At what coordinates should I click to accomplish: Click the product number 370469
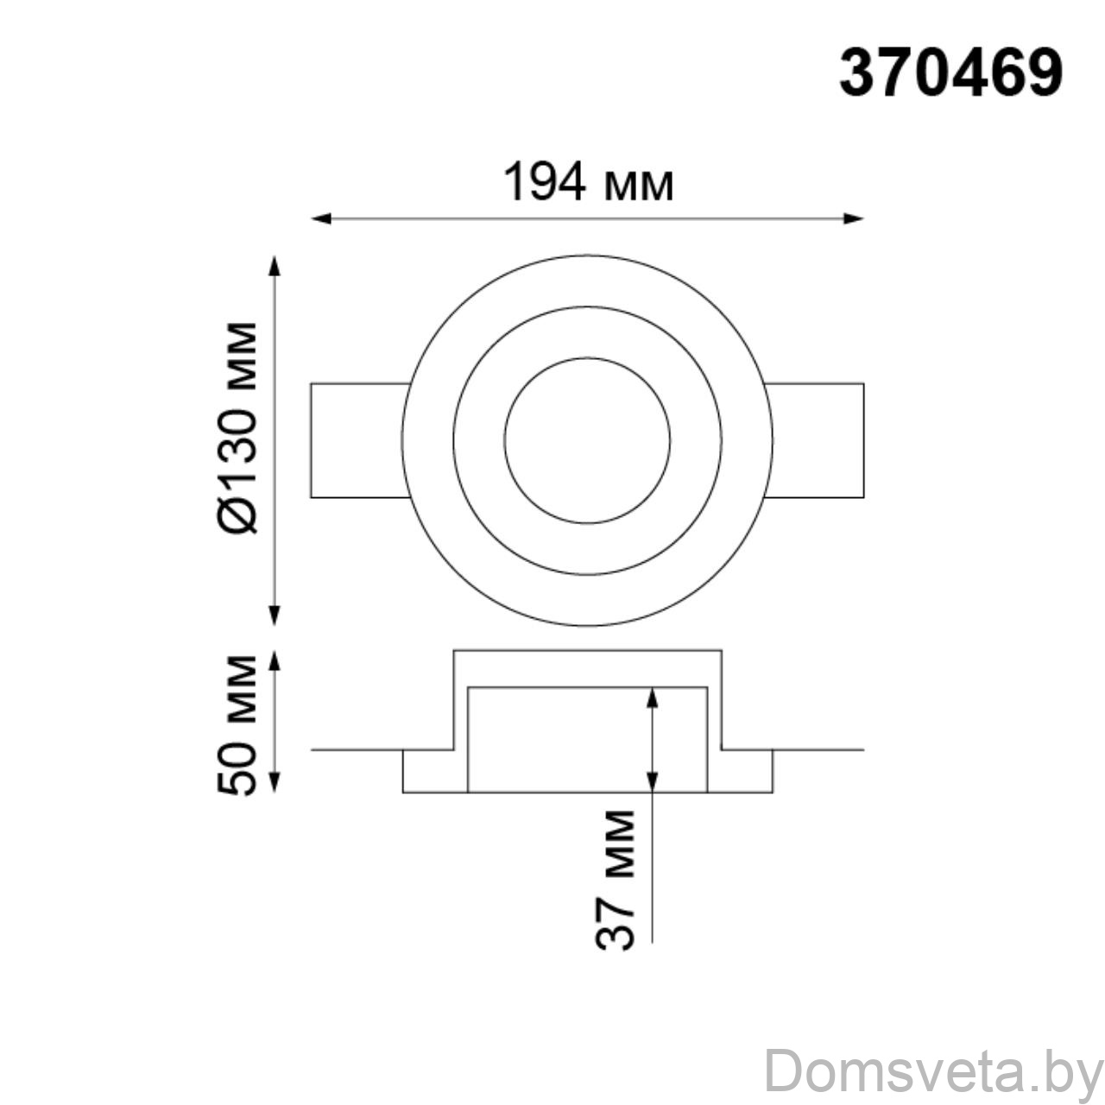[x=950, y=74]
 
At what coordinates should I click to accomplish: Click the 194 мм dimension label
[x=589, y=181]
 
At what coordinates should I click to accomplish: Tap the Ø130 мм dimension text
[x=237, y=428]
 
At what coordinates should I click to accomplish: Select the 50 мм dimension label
[x=237, y=725]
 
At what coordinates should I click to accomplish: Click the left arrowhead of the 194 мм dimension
[x=321, y=218]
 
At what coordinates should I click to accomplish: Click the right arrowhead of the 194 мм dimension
[x=853, y=218]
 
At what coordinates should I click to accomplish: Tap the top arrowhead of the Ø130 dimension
[x=275, y=267]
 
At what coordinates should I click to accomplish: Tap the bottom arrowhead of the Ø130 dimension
[x=275, y=615]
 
